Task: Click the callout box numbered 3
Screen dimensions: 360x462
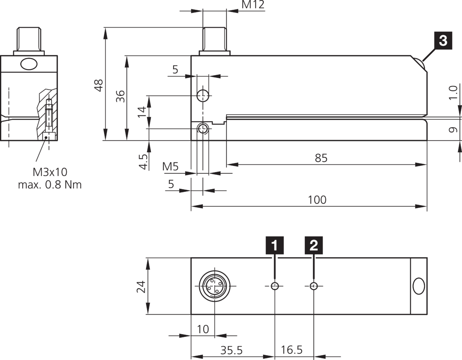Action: point(443,41)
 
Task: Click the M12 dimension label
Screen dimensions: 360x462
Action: point(253,5)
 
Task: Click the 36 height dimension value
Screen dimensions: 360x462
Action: point(120,96)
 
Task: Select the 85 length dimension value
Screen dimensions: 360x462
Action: point(321,158)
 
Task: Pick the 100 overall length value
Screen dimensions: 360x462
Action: point(317,200)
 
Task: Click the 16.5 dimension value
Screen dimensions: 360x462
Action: point(291,350)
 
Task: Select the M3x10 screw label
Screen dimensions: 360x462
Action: point(50,172)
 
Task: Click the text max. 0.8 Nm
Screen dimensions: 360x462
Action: point(49,185)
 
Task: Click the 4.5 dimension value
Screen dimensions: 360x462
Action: point(142,162)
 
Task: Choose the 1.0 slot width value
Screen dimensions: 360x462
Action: point(453,92)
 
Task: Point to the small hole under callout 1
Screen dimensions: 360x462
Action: point(275,286)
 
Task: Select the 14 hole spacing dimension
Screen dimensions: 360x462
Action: point(141,111)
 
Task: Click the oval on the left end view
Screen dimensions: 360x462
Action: point(28,64)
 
